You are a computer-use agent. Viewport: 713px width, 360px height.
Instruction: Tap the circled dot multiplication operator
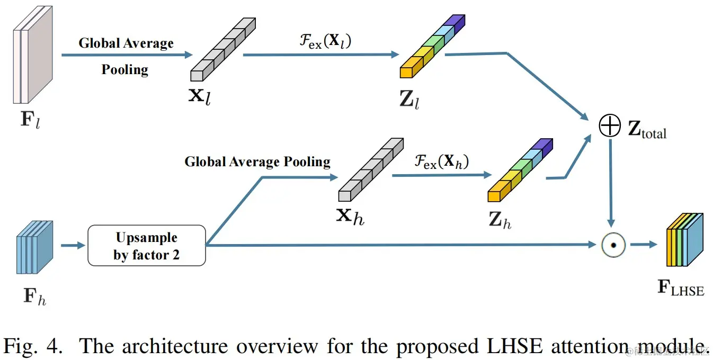pos(613,245)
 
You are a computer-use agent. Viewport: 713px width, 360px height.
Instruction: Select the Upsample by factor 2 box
pos(146,246)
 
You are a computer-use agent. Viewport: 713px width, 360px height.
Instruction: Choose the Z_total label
pos(647,131)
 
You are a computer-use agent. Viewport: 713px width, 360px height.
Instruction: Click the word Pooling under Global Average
pos(125,69)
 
